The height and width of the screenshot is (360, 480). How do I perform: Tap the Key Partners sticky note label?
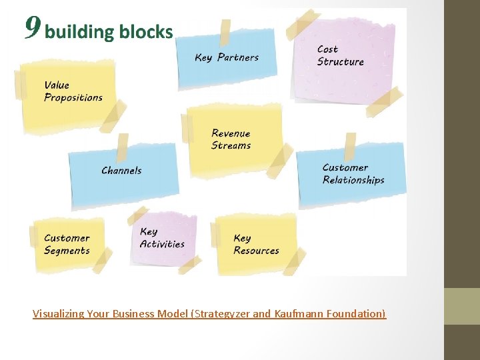click(x=227, y=57)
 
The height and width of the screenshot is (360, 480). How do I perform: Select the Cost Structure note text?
click(x=340, y=55)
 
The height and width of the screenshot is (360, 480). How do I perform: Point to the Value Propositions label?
click(x=73, y=91)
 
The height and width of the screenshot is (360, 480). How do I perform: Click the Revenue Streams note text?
click(x=231, y=139)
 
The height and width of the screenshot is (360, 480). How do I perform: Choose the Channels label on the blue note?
click(x=121, y=171)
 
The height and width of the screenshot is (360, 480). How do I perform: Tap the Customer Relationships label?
click(x=353, y=174)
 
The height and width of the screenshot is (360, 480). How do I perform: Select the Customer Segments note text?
click(x=67, y=244)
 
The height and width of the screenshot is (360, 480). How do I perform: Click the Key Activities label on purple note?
click(x=162, y=238)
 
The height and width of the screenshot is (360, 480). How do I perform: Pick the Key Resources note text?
click(x=256, y=244)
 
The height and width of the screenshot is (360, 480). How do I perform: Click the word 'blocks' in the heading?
click(x=146, y=31)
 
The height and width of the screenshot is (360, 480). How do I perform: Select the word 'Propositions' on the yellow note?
click(x=73, y=98)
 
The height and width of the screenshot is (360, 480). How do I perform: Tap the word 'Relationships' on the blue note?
click(x=353, y=180)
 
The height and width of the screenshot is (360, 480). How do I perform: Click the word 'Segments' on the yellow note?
click(x=67, y=251)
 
